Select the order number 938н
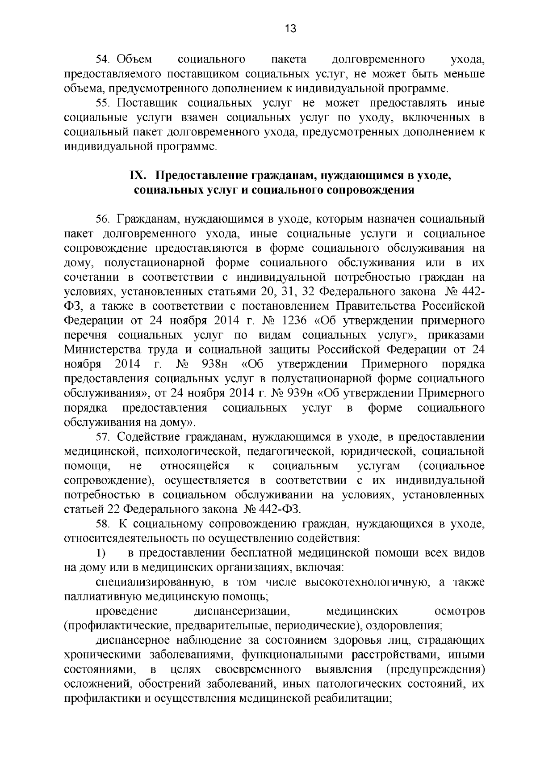click(x=216, y=364)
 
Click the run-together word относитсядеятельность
click(x=126, y=538)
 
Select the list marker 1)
click(x=100, y=553)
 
